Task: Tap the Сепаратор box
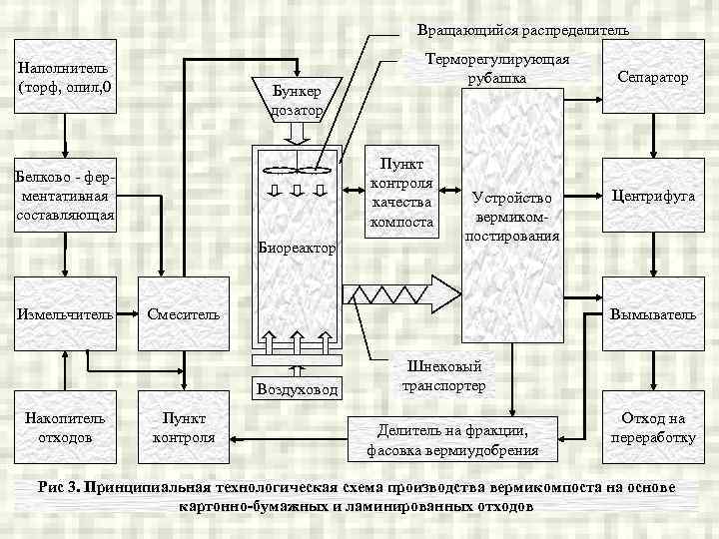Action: pyautogui.click(x=652, y=78)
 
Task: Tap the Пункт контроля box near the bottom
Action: pyautogui.click(x=184, y=427)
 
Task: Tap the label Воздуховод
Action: pyautogui.click(x=297, y=388)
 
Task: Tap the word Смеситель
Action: pyautogui.click(x=183, y=314)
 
